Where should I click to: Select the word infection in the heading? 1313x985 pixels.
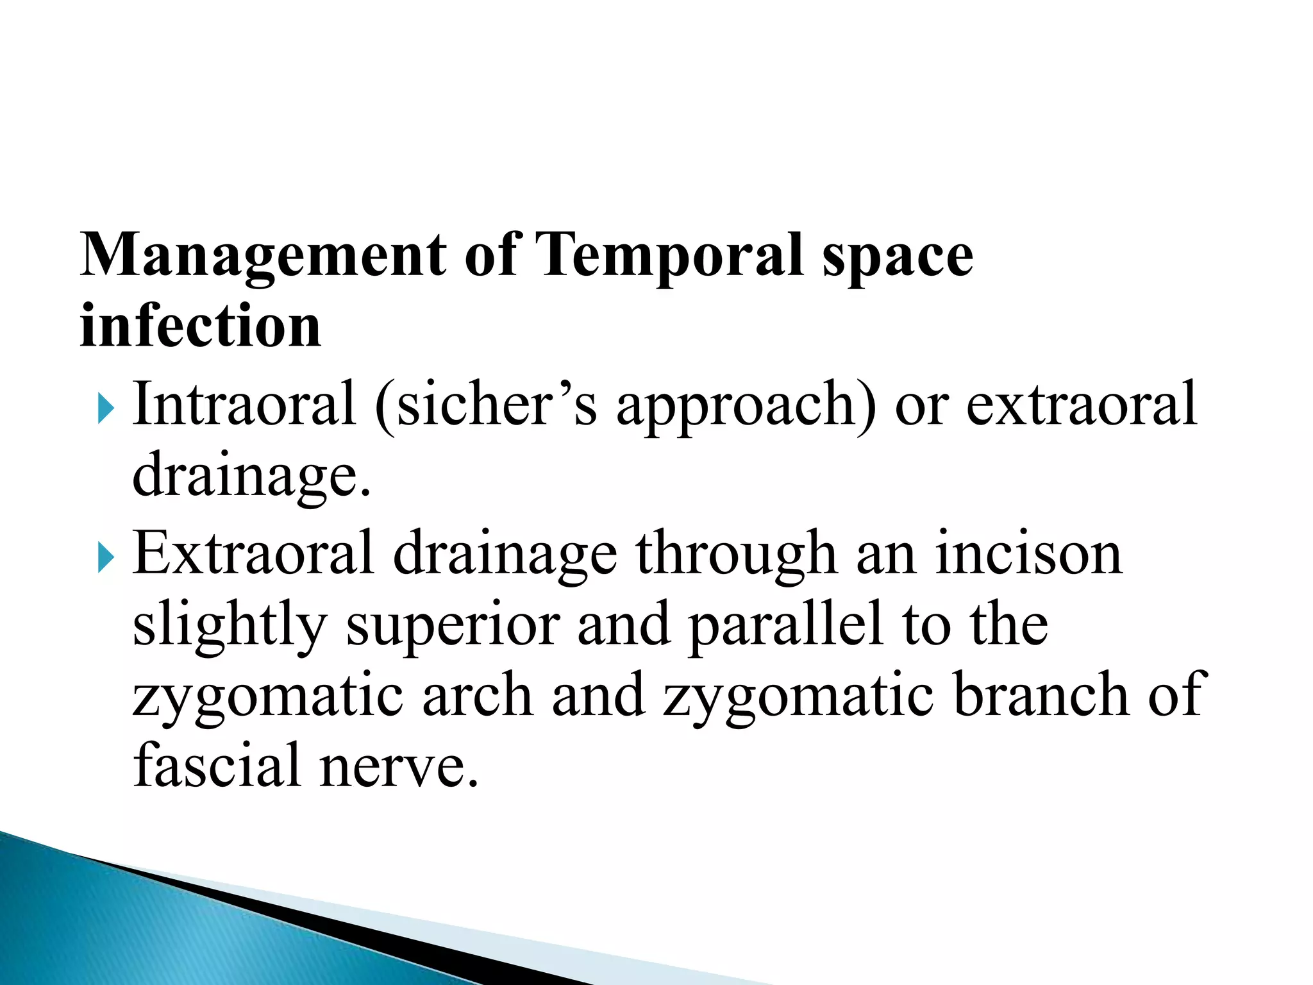point(200,327)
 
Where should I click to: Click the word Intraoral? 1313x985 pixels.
point(244,404)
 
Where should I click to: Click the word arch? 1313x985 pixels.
point(477,696)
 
